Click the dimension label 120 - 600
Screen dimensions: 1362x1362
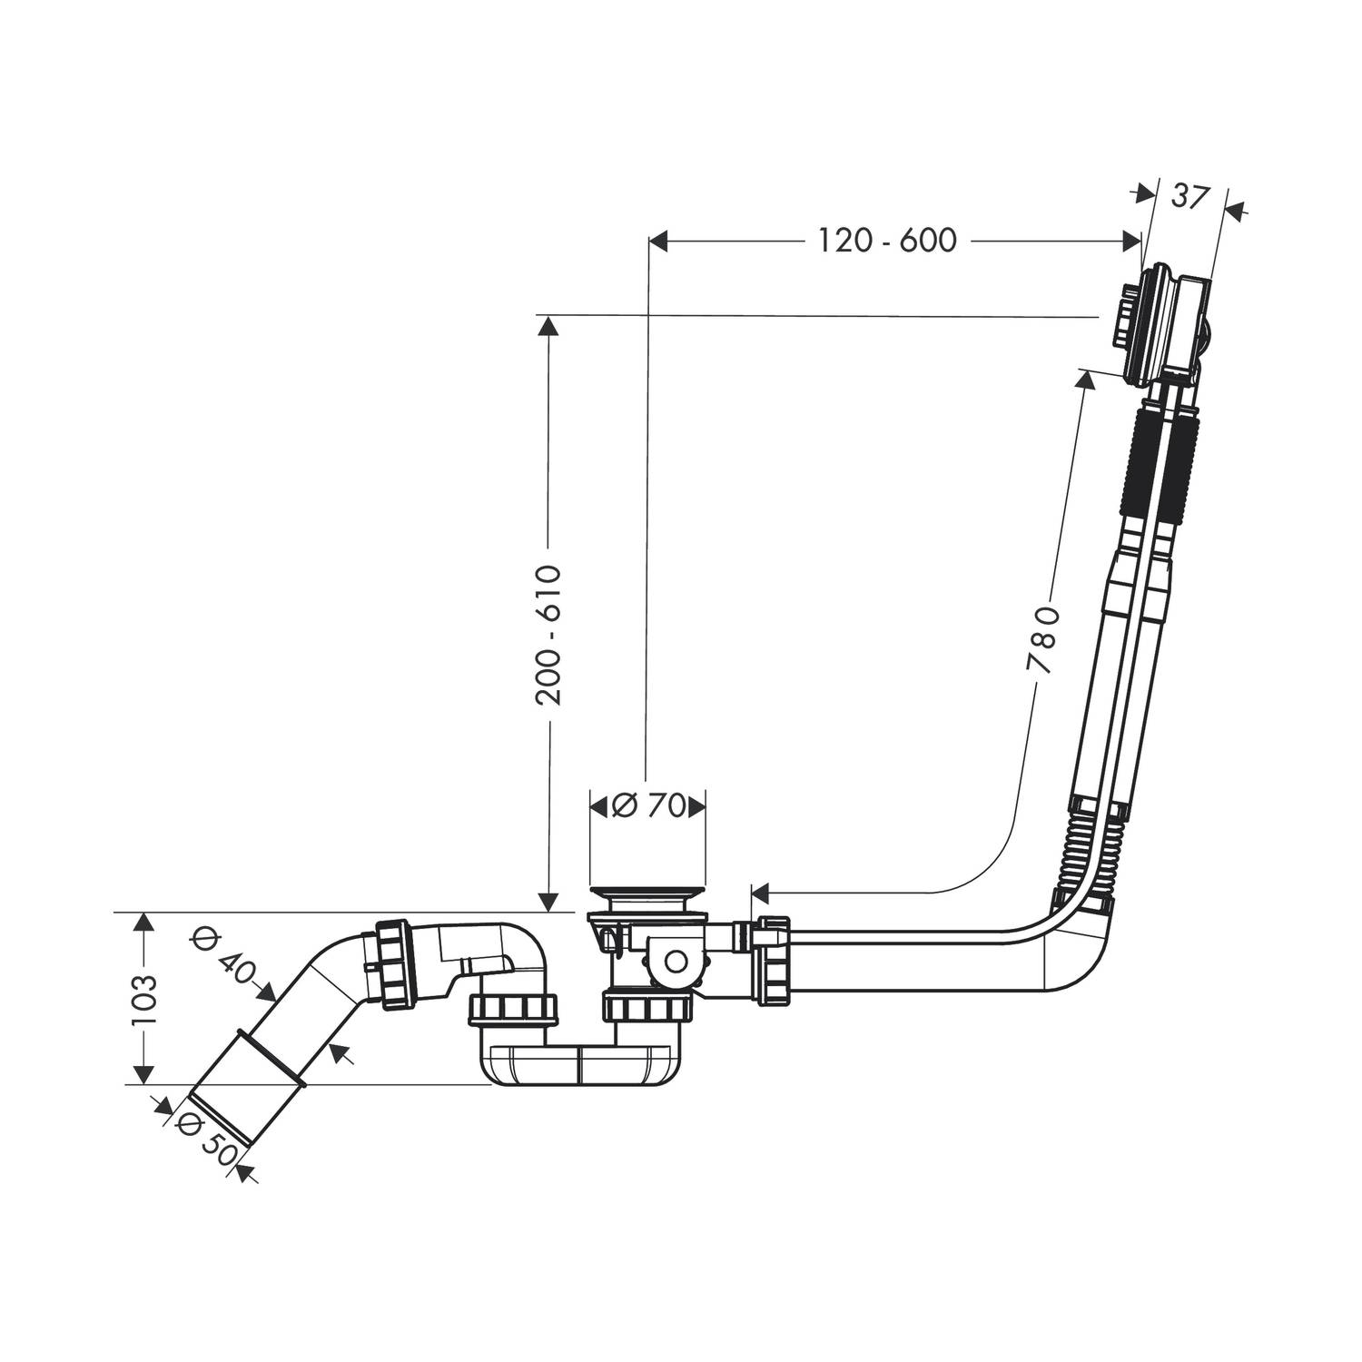coord(887,241)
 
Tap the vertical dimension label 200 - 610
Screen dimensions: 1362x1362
coord(548,635)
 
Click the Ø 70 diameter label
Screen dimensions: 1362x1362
coord(647,805)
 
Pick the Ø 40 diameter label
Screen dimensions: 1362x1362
coord(223,961)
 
